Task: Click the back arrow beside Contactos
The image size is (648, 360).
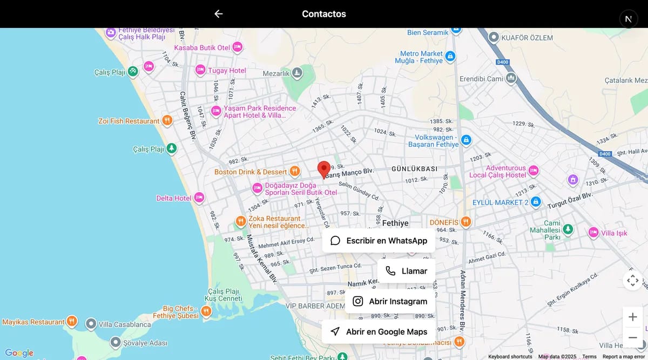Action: point(218,14)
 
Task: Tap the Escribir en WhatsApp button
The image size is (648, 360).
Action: point(379,241)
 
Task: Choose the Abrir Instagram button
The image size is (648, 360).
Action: point(390,301)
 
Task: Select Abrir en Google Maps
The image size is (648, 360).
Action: point(379,331)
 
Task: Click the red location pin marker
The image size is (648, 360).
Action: point(324,169)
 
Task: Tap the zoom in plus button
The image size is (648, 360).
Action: point(633,317)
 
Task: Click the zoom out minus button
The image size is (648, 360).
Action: point(633,337)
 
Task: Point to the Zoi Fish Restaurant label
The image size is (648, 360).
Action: point(129,121)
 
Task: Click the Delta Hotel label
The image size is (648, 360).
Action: point(174,198)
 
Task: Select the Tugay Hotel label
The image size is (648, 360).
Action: point(227,70)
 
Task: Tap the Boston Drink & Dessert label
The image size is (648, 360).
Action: point(251,172)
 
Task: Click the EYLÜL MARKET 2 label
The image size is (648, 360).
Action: point(501,202)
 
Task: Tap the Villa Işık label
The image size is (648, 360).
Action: point(614,233)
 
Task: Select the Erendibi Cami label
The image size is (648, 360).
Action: point(481,79)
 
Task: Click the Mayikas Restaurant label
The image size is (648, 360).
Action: point(33,322)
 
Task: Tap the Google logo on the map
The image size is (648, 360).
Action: point(19,353)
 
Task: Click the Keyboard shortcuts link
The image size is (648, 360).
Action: point(510,357)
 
